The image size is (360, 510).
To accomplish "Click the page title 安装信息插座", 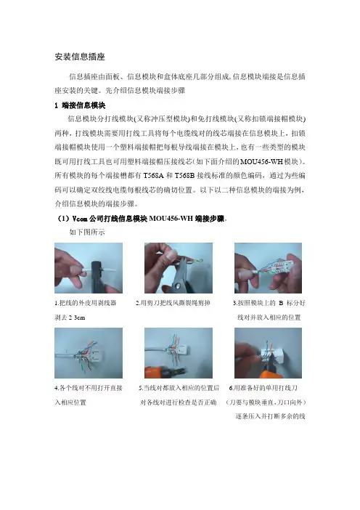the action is [80, 57].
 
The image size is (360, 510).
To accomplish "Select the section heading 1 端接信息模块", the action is [80, 105].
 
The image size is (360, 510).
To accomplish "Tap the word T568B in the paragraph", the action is [184, 176].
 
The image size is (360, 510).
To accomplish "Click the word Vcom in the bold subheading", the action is [80, 219].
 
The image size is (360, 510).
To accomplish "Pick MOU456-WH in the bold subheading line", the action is [171, 219].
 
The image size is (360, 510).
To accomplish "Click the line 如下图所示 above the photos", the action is [87, 232].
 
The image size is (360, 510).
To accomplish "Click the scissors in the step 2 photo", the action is [176, 277].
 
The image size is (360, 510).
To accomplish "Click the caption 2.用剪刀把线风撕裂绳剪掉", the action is [173, 303].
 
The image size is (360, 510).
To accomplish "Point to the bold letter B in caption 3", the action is [281, 303].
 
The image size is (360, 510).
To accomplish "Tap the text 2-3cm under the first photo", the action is [77, 317].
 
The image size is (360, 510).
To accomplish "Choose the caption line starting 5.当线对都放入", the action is [179, 388].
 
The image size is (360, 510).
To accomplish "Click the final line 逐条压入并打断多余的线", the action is [270, 416].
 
